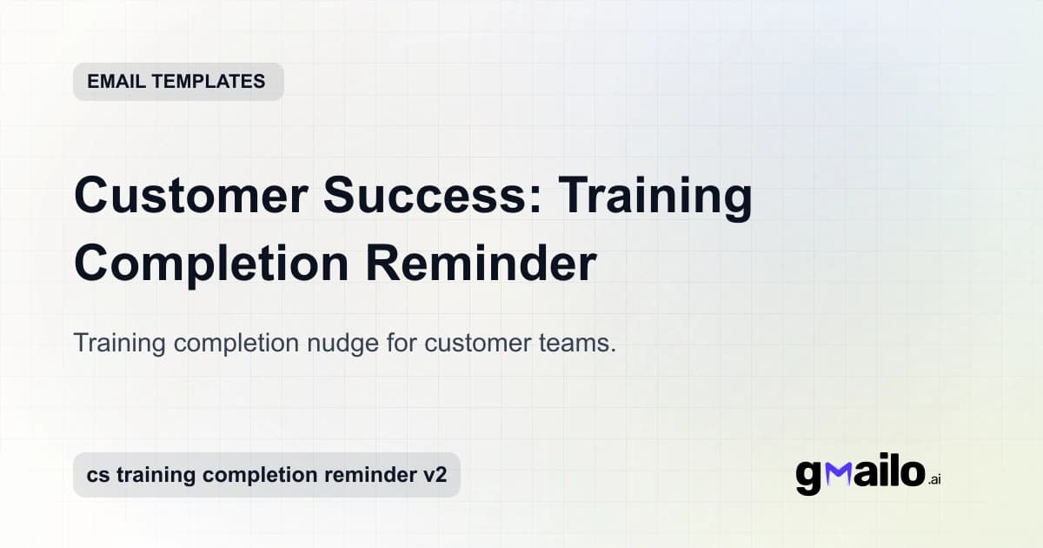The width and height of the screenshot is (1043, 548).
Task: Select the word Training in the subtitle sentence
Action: coord(120,343)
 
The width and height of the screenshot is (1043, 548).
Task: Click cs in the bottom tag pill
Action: coord(96,475)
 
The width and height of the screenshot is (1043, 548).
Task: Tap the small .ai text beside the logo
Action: coord(934,479)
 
